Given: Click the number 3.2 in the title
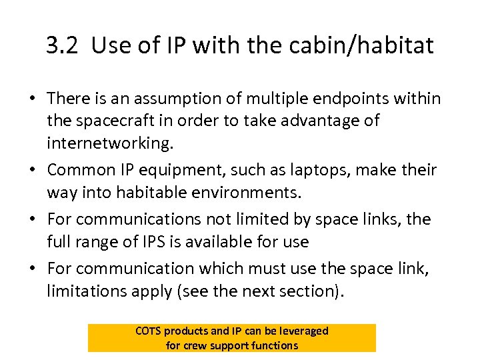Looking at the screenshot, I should coord(63,45).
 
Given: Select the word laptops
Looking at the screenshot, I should coord(319,170).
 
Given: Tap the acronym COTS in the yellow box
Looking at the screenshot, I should coord(148,331).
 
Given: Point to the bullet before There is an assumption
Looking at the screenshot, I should coord(32,99).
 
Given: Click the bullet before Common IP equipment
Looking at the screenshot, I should coord(32,171).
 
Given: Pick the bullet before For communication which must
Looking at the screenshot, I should coord(32,268).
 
